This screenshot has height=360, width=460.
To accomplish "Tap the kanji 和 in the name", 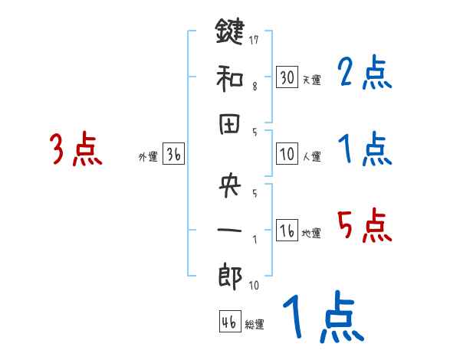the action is tap(230, 78).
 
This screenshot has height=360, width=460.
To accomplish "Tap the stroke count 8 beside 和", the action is tap(255, 87).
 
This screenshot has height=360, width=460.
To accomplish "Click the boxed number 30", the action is tap(287, 77).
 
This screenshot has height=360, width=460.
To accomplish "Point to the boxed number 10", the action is tap(287, 154).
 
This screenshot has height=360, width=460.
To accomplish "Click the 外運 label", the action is tap(148, 157).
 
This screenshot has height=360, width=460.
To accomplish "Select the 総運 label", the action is tap(255, 325).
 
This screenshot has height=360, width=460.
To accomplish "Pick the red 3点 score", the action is tap(75, 149).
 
